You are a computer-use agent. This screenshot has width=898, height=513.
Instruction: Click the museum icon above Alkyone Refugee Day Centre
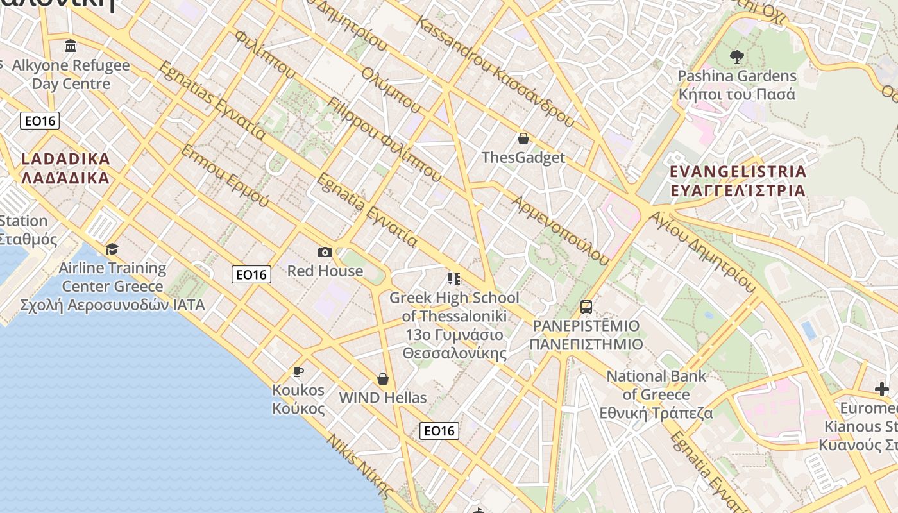tap(71, 46)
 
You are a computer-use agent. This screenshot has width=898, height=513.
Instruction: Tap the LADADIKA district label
tap(65, 168)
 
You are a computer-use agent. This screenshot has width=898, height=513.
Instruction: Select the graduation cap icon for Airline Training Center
tap(112, 249)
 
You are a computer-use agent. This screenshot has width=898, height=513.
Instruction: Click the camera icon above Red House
tap(325, 253)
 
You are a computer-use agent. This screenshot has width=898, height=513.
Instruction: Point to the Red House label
tap(325, 271)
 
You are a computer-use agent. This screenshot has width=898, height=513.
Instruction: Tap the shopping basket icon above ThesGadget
tap(523, 139)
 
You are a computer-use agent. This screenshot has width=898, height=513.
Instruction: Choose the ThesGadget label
tap(523, 158)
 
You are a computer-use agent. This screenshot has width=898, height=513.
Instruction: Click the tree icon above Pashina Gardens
tap(736, 56)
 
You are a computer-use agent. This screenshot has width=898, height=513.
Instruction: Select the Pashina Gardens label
tap(736, 85)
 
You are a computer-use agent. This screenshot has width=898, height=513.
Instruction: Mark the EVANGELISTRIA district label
tap(738, 181)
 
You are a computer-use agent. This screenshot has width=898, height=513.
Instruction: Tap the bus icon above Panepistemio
tap(586, 307)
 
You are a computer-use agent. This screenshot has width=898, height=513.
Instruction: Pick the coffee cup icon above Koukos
tap(298, 371)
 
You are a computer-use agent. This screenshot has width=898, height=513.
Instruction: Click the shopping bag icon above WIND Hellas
tap(383, 379)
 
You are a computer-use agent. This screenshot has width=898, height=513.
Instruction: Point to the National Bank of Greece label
tap(656, 394)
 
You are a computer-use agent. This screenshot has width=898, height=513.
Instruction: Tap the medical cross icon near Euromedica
tap(882, 389)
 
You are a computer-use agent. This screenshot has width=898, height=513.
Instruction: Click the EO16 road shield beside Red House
tap(251, 274)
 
